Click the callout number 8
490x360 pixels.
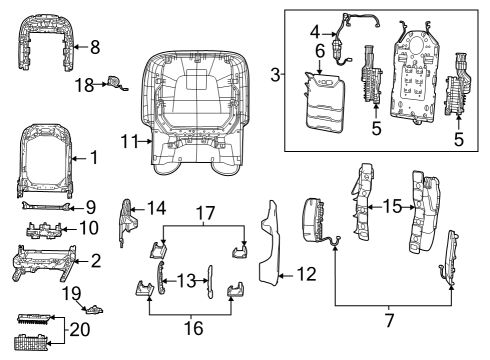[95, 47]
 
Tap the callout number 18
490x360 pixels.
[84, 85]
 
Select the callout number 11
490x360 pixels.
[129, 141]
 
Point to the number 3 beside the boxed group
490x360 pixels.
[275, 75]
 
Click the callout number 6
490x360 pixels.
[320, 51]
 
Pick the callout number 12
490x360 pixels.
[306, 274]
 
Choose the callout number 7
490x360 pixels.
[389, 320]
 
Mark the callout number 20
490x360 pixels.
[80, 330]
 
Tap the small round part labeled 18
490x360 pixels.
[115, 82]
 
